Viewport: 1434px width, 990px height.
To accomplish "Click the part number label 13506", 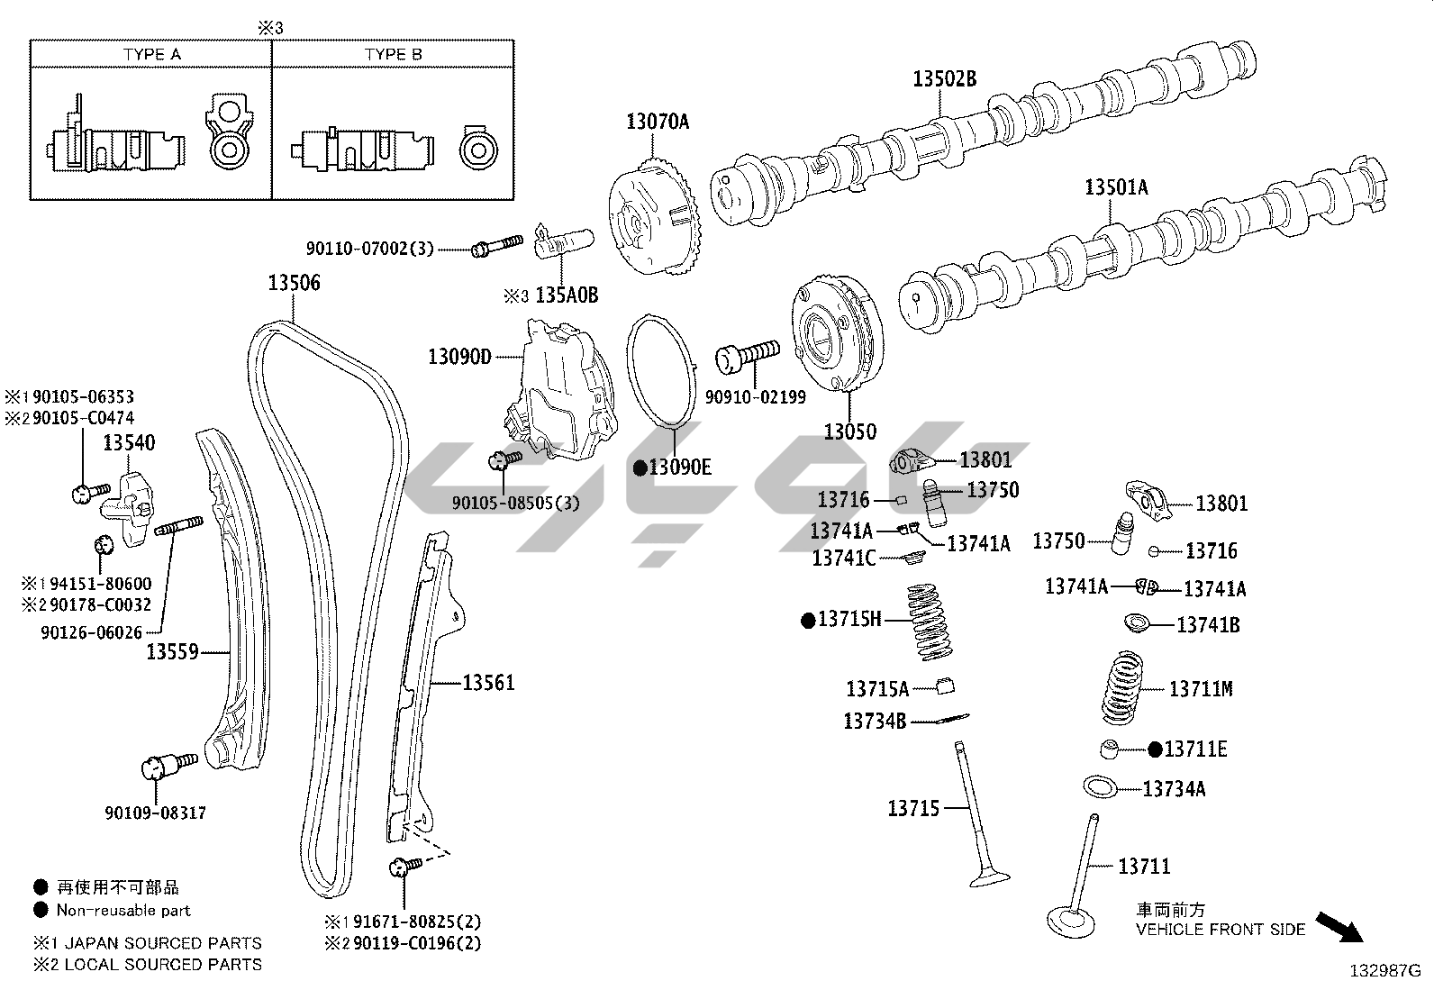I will pos(294,283).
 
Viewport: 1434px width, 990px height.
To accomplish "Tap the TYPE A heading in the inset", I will pos(152,54).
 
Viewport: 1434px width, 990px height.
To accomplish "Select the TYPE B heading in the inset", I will pos(394,54).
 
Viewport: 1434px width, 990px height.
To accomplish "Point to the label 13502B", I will pos(944,78).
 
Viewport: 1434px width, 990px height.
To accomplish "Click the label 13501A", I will pos(1116,187).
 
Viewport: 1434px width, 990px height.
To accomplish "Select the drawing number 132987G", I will pos(1384,971).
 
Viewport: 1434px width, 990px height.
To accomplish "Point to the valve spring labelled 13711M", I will pos(1127,688).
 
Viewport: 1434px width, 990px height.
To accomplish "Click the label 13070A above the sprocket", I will pos(658,121).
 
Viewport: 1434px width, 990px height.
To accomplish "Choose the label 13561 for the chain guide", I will pos(488,683).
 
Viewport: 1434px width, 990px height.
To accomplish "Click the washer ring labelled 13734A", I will pos(1101,786).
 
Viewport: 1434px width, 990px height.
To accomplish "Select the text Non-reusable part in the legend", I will pos(123,910).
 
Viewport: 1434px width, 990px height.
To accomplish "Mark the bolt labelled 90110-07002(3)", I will pos(496,244).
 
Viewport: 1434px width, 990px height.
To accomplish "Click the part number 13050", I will pos(849,431).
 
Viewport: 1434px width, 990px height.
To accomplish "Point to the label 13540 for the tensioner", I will pos(128,442).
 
